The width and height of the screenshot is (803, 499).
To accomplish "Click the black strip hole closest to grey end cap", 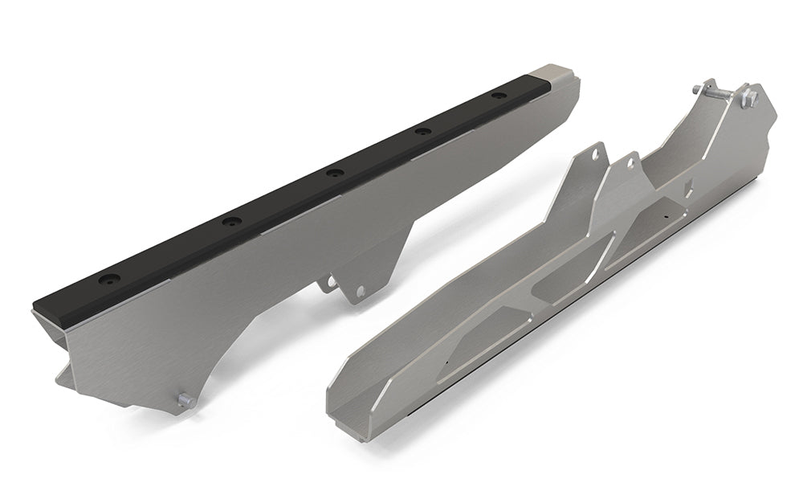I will [501, 96].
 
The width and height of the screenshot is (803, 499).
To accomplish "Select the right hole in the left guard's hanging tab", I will [359, 291].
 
